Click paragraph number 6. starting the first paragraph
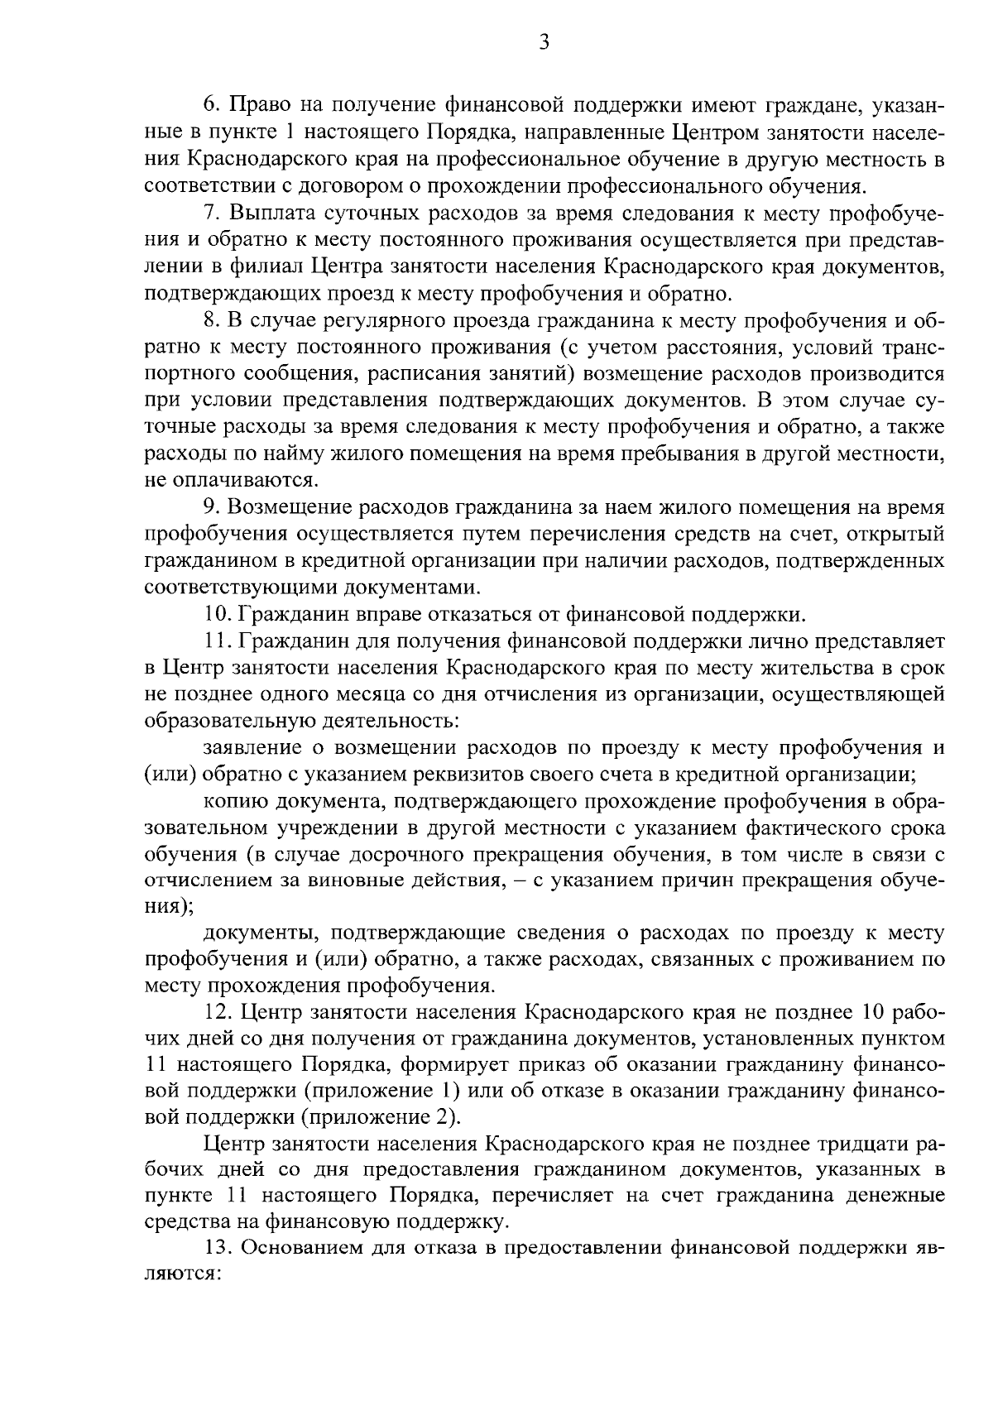click(x=212, y=105)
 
